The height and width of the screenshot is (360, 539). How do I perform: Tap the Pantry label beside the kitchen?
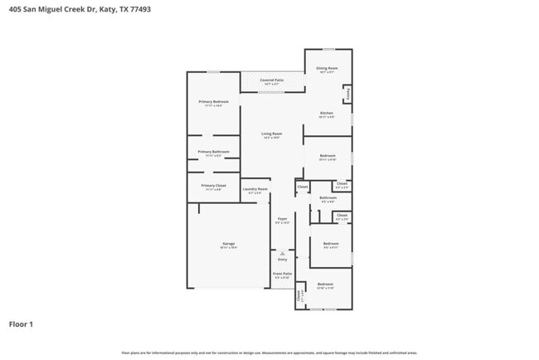click(x=348, y=94)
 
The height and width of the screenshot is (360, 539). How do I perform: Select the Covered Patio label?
click(x=272, y=80)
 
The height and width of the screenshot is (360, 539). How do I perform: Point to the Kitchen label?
click(x=327, y=113)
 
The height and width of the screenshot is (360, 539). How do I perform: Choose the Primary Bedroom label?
click(x=213, y=101)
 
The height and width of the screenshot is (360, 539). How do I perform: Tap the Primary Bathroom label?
click(x=213, y=152)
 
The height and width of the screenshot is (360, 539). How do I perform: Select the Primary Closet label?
click(x=213, y=186)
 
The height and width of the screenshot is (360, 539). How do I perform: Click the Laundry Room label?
click(x=255, y=189)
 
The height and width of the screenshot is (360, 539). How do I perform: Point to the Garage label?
click(x=228, y=244)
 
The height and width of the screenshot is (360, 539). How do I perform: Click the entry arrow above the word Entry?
click(x=282, y=253)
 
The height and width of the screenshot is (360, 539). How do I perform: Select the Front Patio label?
click(x=282, y=273)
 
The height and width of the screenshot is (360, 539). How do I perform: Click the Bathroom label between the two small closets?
click(x=328, y=197)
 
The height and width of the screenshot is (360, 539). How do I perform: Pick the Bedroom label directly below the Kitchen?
click(x=328, y=156)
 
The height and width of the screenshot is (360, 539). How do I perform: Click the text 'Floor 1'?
click(x=21, y=324)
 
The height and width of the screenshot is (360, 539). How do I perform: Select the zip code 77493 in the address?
click(x=128, y=10)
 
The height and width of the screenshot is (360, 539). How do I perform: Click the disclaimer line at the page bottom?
click(x=269, y=353)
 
